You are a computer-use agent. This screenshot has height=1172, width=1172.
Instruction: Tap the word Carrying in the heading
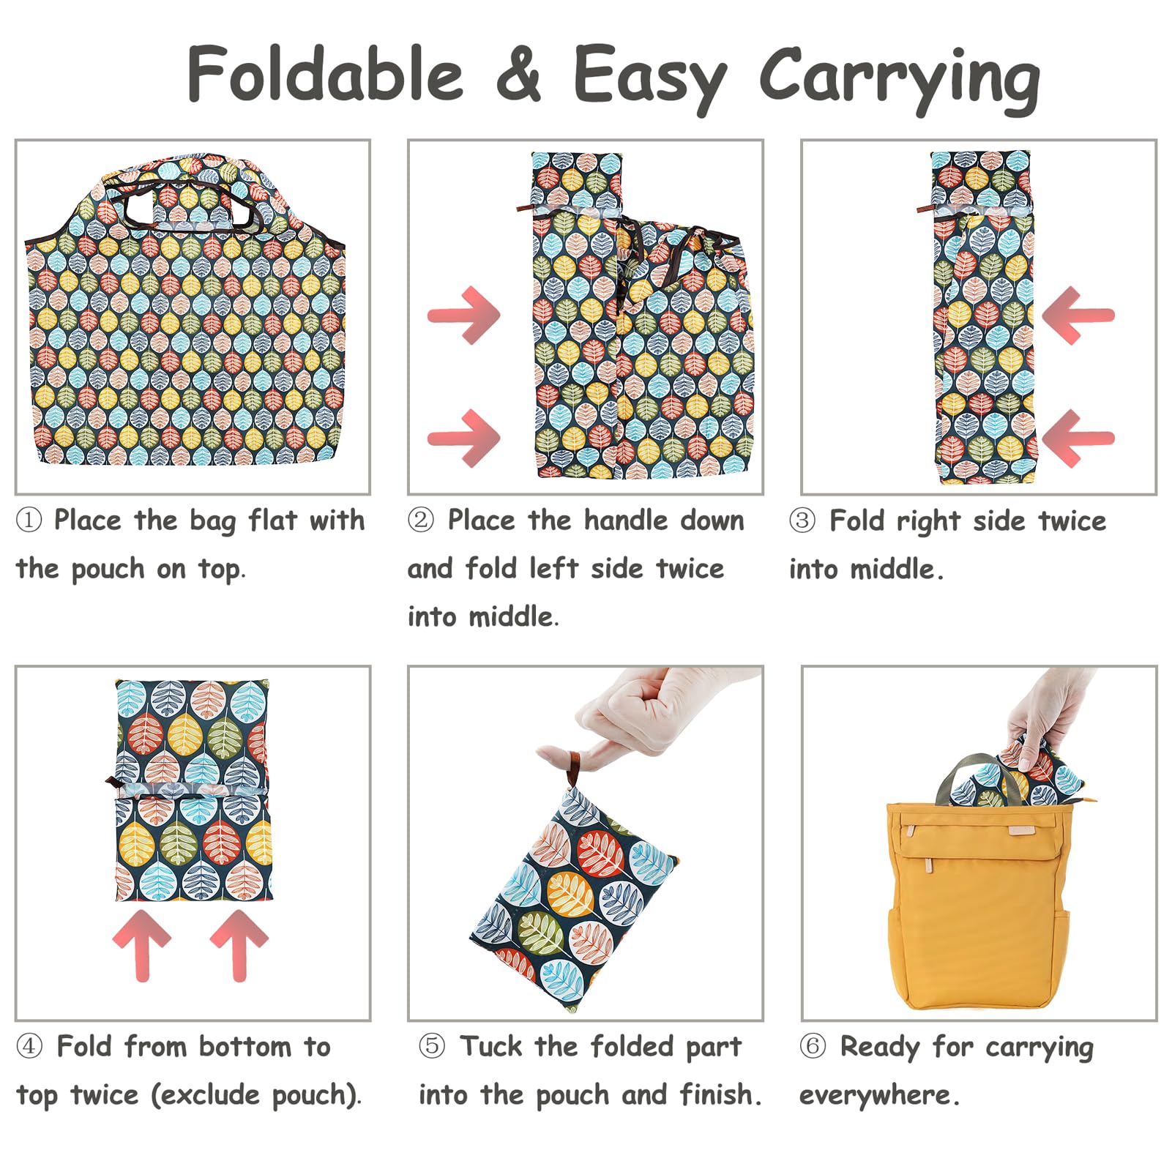click(x=900, y=78)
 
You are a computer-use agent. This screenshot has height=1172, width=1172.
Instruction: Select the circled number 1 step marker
click(x=29, y=521)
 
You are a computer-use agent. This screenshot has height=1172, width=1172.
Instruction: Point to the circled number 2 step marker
click(x=421, y=521)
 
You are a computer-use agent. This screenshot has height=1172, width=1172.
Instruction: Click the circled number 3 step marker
click(x=802, y=521)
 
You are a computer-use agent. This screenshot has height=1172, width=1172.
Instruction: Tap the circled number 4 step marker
click(x=29, y=1046)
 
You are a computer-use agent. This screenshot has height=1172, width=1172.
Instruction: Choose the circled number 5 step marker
click(x=432, y=1046)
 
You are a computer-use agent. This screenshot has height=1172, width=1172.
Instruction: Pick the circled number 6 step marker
click(x=813, y=1046)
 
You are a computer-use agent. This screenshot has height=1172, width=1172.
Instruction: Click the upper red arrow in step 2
click(x=464, y=315)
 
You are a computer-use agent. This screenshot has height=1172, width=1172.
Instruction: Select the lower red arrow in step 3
click(x=1078, y=438)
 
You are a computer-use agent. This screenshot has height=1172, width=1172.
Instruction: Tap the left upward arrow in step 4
click(x=142, y=945)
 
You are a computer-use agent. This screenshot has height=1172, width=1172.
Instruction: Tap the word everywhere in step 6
click(x=875, y=1095)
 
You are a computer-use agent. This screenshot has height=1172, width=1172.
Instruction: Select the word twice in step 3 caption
click(x=1072, y=521)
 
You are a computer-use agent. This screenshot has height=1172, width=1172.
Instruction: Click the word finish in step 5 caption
click(x=716, y=1094)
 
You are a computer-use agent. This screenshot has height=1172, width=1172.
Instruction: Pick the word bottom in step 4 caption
click(x=245, y=1047)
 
